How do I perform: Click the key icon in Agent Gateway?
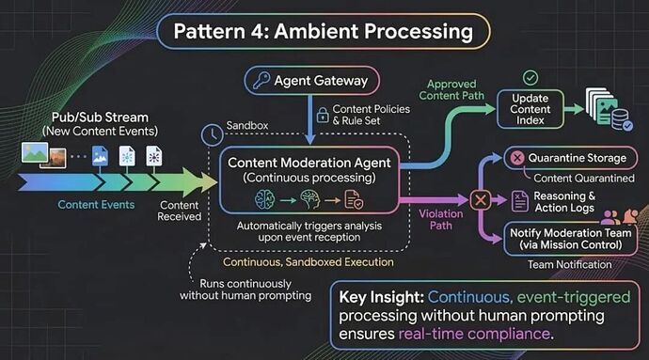[x=261, y=80]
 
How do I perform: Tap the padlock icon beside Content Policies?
[x=323, y=115]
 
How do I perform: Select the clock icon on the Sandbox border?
[x=212, y=135]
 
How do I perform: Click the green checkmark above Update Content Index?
[x=530, y=77]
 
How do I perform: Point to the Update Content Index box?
[x=530, y=109]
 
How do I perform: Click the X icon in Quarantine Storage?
[x=517, y=158]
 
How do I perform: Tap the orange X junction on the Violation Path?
[x=480, y=200]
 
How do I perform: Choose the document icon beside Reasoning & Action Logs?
[x=520, y=201]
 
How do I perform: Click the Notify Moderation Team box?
[x=570, y=239]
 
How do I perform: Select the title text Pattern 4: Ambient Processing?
[x=324, y=31]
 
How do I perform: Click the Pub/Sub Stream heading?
[x=100, y=117]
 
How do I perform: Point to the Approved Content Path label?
[x=451, y=90]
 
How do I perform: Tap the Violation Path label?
[x=441, y=219]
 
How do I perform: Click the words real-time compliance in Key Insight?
[x=474, y=334]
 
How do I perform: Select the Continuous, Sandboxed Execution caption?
[x=309, y=262]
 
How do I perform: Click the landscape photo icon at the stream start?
[x=35, y=152]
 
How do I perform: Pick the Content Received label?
[x=180, y=211]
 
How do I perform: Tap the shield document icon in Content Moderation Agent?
[x=354, y=200]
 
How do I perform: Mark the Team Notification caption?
[x=570, y=264]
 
